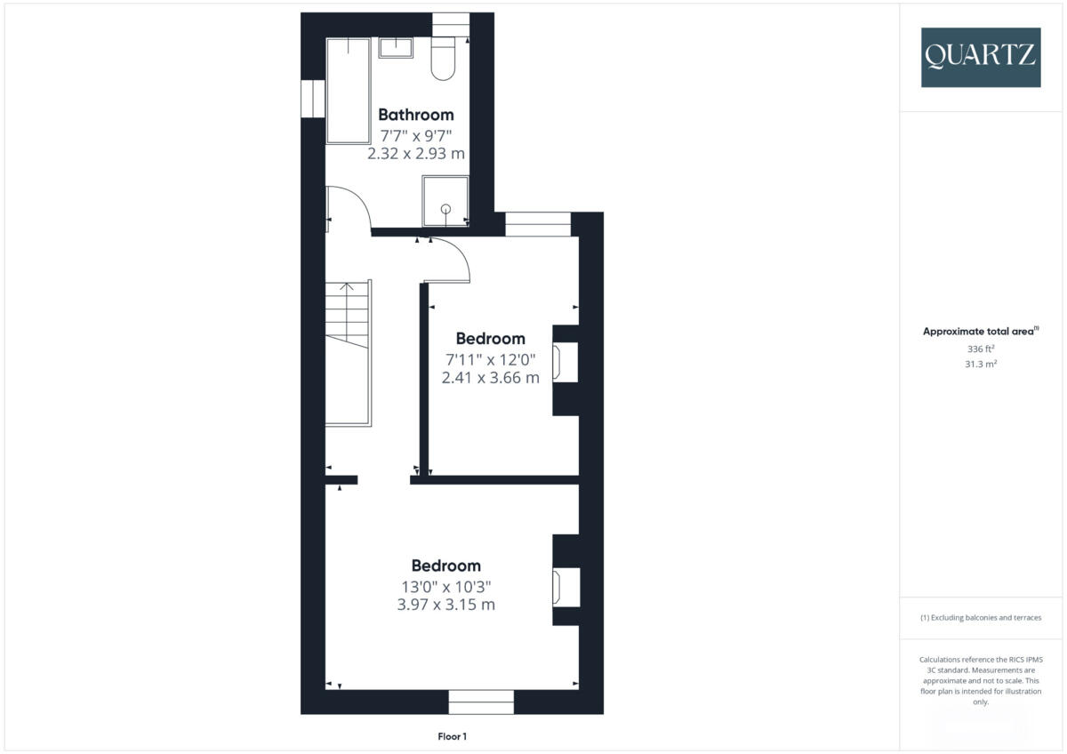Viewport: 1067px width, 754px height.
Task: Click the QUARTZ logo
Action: [980, 57]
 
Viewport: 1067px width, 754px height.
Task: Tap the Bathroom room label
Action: [415, 115]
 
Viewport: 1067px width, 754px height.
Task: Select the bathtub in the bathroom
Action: [347, 90]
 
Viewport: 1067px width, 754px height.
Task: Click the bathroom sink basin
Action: [396, 47]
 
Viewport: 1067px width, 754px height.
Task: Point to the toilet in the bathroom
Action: [443, 58]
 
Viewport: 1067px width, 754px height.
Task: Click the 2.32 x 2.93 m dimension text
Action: [415, 154]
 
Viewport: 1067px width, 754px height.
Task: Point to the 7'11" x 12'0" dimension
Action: [490, 359]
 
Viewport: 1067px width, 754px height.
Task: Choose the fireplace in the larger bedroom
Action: [561, 588]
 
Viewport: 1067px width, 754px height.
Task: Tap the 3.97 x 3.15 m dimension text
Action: [445, 605]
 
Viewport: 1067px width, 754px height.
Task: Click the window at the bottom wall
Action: [481, 702]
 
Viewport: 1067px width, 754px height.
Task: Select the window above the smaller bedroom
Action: [538, 224]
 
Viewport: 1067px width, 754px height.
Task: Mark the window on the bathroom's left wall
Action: [312, 99]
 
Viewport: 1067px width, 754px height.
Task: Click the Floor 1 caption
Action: [452, 736]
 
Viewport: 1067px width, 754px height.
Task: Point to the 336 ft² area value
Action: [980, 349]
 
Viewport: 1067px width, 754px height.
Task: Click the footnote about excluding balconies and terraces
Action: [980, 618]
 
